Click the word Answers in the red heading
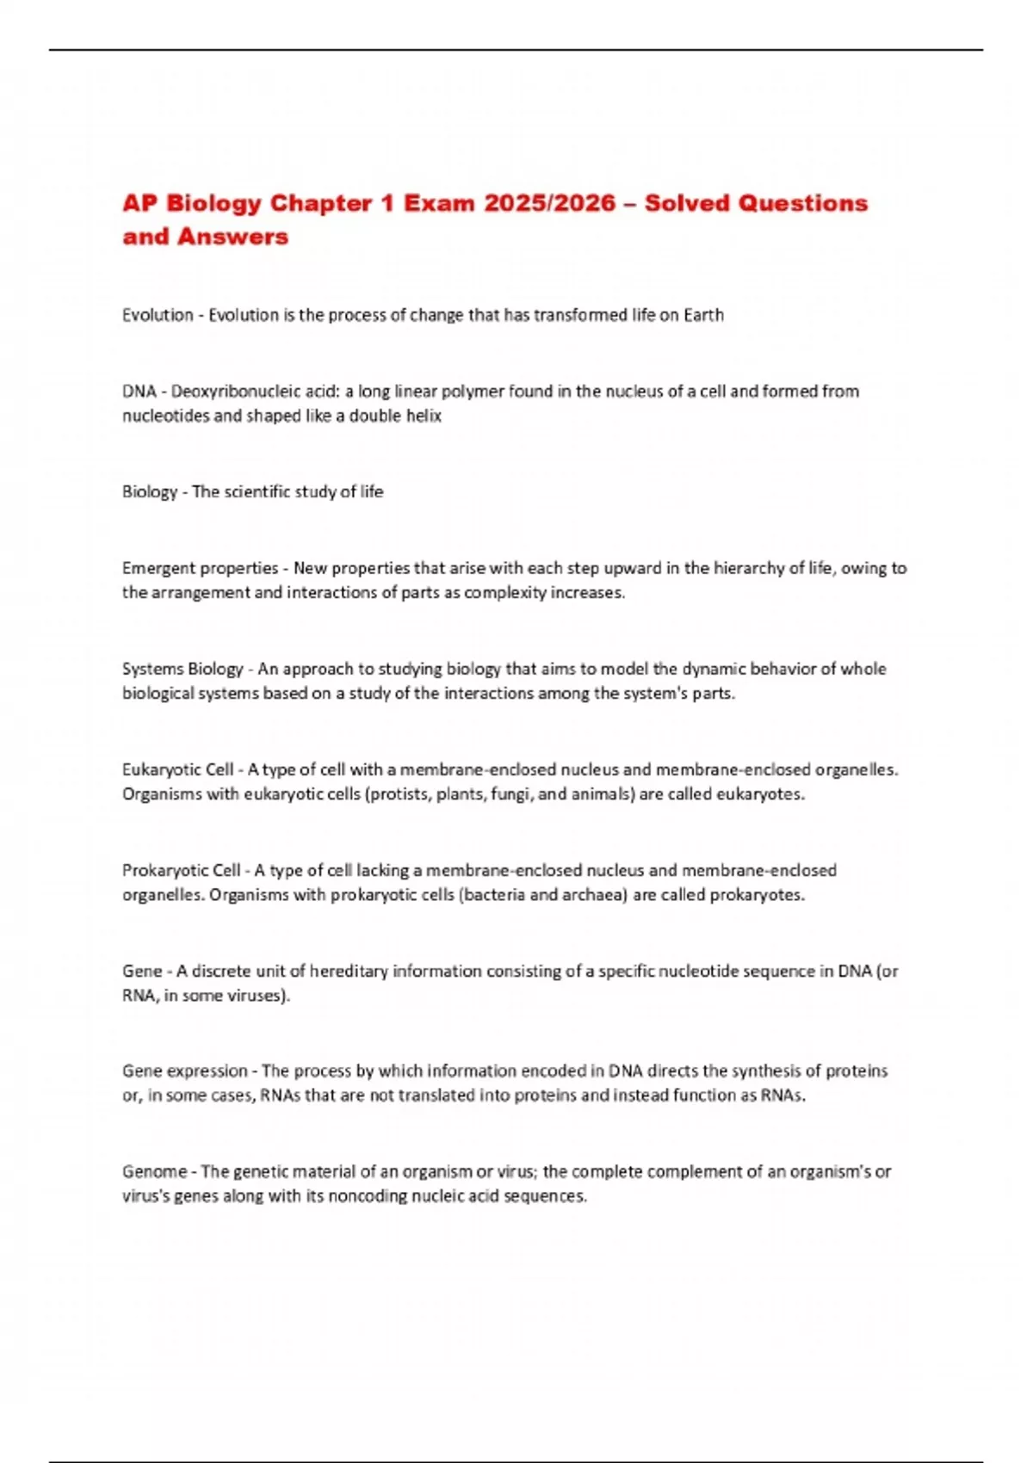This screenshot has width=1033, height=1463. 233,237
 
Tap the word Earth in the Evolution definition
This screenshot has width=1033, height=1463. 703,315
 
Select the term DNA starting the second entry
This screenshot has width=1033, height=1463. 139,392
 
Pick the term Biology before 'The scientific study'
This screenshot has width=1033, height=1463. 149,492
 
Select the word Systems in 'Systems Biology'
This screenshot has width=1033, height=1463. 152,669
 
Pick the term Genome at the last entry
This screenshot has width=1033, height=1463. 154,1171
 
